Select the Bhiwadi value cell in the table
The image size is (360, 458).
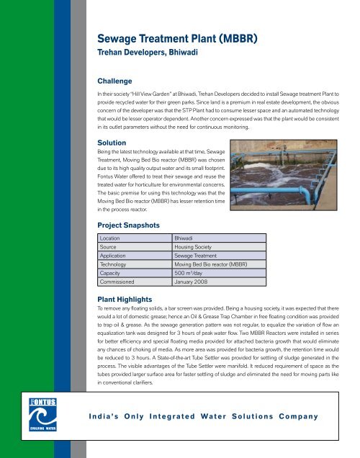click(x=187, y=238)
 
